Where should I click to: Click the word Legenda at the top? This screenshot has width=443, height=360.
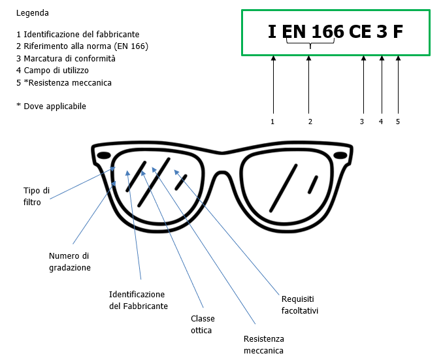[x=32, y=13]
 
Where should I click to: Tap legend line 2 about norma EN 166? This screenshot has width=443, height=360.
[x=82, y=46]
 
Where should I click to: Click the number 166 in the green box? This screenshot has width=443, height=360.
[x=327, y=32]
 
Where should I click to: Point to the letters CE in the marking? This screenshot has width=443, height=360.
[x=360, y=32]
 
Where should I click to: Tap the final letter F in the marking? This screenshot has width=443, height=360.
[x=398, y=32]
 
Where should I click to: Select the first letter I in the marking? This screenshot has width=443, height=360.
[x=272, y=32]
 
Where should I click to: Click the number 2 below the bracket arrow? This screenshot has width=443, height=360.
[x=310, y=122]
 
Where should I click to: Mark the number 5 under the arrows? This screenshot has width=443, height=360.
[x=397, y=122]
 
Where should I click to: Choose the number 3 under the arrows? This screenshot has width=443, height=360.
[x=362, y=122]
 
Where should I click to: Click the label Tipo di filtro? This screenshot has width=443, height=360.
[x=36, y=197]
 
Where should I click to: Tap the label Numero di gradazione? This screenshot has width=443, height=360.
[x=69, y=261]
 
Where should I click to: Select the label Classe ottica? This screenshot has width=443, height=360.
[x=203, y=325]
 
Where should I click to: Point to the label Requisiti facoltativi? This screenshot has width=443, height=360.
[x=300, y=304]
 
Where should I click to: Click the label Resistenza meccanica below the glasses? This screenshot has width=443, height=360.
[x=263, y=345]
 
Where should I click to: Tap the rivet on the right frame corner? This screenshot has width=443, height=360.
[x=340, y=155]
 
